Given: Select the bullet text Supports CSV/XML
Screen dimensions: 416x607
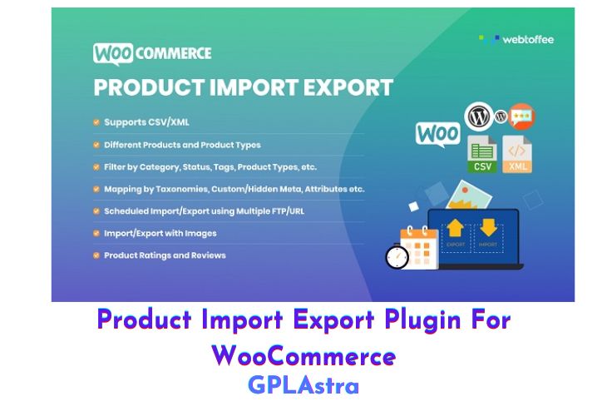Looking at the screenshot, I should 146,122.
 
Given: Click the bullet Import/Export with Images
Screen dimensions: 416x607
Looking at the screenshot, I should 160,233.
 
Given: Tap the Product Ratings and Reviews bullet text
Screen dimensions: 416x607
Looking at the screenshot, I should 165,255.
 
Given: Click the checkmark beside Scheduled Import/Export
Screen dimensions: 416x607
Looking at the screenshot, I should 96,211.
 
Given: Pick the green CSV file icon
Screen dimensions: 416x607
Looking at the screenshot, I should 482,155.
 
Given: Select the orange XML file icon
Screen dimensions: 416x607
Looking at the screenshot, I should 517,155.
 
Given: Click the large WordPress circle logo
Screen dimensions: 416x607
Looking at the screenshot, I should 479,114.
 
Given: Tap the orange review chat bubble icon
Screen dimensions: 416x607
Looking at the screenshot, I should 522,116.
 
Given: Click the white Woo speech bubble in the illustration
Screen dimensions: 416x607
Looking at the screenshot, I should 437,133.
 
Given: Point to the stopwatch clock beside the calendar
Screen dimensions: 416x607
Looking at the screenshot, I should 397,256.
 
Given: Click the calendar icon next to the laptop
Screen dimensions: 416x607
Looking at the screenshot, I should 418,245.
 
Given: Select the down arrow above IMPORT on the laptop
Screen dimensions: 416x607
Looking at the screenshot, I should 488,227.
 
